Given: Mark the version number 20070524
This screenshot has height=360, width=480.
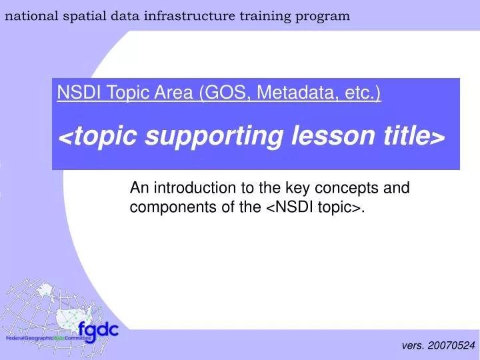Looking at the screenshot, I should (x=451, y=345).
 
